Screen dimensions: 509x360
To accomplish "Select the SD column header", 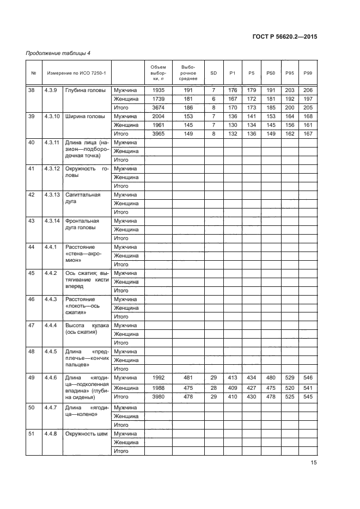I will [x=213, y=72].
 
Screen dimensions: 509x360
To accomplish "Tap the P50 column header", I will [x=271, y=72].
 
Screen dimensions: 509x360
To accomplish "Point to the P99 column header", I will [x=307, y=72].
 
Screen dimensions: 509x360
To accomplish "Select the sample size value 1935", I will [x=158, y=90].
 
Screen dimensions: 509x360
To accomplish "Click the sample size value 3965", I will [x=158, y=133].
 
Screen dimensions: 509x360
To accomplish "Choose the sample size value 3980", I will [x=158, y=396].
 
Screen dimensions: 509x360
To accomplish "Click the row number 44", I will [x=32, y=247].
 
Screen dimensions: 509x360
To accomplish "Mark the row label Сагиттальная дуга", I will [x=83, y=198].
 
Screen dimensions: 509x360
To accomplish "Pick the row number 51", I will [x=32, y=433].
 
